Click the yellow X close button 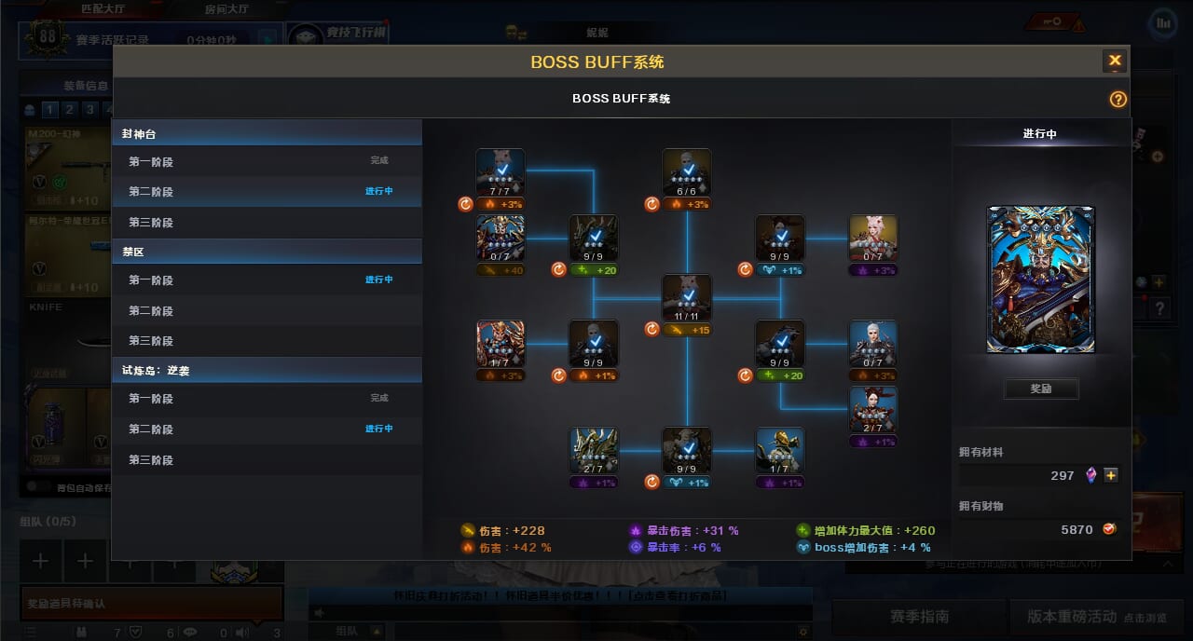[1115, 61]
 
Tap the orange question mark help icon [1118, 100]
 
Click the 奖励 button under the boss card [1041, 389]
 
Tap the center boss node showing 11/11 [687, 298]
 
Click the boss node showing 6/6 [687, 172]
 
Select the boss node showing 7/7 [501, 172]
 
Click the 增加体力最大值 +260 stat [866, 531]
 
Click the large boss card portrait [1041, 280]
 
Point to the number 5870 [1076, 529]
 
